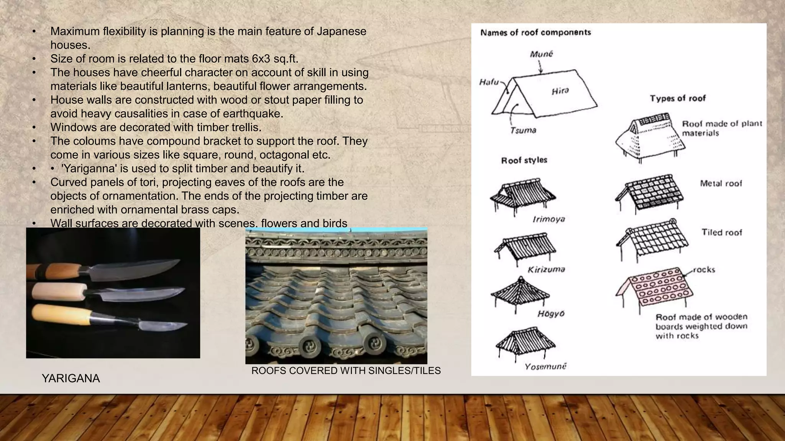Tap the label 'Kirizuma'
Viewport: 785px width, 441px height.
point(546,269)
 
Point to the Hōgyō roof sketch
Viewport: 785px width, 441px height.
point(520,292)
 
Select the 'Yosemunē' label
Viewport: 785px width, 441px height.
point(545,367)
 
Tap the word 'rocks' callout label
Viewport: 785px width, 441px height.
point(704,269)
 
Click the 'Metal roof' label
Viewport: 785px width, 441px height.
point(721,183)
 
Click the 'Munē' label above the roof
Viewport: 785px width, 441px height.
point(541,54)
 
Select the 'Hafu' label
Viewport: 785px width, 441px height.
point(489,82)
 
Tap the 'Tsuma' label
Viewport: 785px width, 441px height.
point(523,131)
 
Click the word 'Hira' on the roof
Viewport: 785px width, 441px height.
point(560,91)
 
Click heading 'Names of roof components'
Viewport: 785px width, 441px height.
point(535,33)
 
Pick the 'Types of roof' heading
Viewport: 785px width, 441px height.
point(677,98)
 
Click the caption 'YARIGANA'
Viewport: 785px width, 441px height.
point(71,378)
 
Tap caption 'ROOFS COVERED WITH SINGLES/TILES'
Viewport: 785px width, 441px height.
point(346,371)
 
